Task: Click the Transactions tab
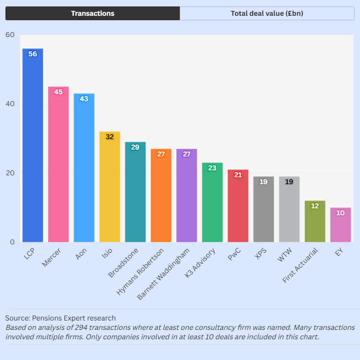point(92,13)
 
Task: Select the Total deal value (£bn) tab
point(267,13)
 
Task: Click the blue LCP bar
point(33,145)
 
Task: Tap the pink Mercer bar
point(58,164)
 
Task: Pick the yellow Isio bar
point(110,187)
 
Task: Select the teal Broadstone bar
point(135,192)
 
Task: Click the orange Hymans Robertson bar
point(161,196)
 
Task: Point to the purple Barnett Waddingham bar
point(187,196)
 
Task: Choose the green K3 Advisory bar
point(212,202)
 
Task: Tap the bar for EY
point(341,225)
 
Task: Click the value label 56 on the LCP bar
point(33,54)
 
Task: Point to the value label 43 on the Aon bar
point(84,99)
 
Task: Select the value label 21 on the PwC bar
point(238,175)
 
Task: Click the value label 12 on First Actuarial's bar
point(315,206)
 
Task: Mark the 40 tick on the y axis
point(10,104)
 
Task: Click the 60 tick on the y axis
point(10,35)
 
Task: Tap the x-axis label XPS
point(261,254)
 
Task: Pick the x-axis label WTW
point(285,255)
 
